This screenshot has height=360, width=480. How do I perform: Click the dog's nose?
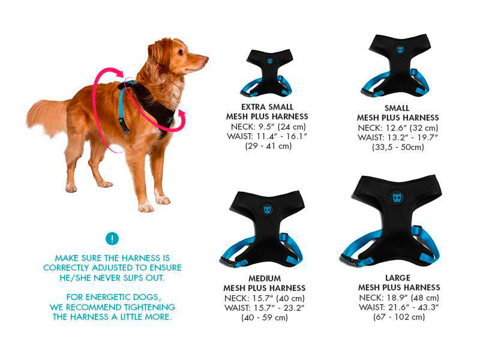pyautogui.click(x=205, y=59)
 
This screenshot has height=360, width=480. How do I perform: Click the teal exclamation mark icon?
pyautogui.click(x=112, y=238)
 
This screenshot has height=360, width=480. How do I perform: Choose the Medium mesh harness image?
pyautogui.click(x=265, y=227)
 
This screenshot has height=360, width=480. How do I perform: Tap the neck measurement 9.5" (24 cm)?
pyautogui.click(x=282, y=127)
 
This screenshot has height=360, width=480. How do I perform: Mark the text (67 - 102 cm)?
pyautogui.click(x=398, y=317)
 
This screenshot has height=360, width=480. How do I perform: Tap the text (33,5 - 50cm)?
pyautogui.click(x=398, y=147)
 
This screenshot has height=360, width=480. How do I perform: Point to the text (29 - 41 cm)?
pyautogui.click(x=268, y=146)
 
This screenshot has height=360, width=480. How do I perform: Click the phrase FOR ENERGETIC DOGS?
pyautogui.click(x=112, y=298)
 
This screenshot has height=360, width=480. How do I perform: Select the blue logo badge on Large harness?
pyautogui.click(x=397, y=198)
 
